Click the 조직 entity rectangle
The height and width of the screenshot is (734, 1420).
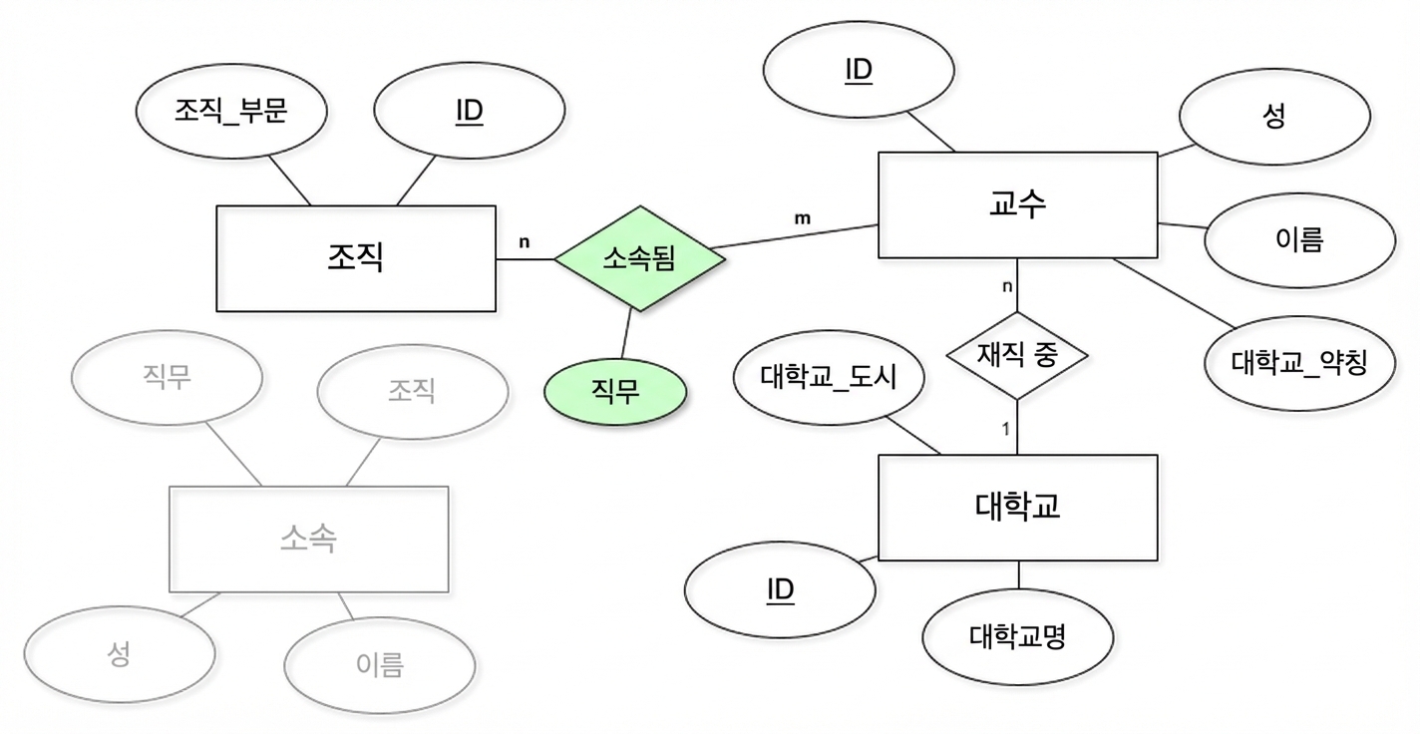356,258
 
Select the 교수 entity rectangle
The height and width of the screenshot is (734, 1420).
1017,204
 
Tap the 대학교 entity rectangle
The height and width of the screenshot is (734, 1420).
1017,508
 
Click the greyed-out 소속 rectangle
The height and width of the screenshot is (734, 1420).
309,540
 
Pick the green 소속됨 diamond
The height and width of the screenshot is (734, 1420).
639,258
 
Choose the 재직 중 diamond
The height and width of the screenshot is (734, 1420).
1017,356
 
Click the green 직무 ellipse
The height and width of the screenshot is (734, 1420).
615,392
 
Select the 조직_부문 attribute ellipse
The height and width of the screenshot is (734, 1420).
231,111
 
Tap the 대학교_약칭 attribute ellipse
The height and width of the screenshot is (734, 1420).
1299,363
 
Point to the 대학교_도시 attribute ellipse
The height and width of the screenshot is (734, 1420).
829,377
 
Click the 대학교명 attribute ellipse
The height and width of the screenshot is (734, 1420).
1017,637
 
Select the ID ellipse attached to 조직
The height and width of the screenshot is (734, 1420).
469,111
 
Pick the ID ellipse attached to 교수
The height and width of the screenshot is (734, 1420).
859,70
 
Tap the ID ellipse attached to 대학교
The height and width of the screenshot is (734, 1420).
780,589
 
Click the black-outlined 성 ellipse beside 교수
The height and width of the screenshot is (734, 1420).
1274,117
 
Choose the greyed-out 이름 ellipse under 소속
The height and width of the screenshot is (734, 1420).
380,665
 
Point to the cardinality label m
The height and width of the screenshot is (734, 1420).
802,218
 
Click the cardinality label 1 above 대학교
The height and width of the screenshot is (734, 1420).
1005,429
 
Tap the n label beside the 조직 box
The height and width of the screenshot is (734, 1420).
524,242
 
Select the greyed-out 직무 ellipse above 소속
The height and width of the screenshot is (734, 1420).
167,378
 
